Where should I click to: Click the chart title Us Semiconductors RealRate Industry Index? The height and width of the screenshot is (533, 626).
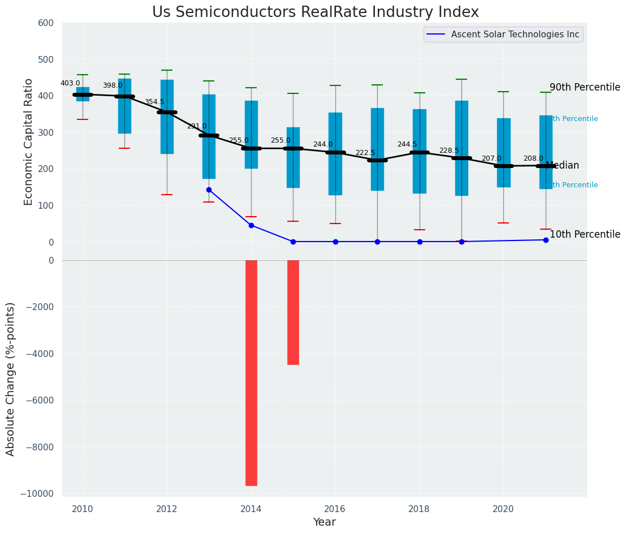tap(315, 12)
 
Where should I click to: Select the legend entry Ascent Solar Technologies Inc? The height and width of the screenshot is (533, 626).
tap(515, 35)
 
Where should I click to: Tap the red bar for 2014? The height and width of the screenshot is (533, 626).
tap(251, 372)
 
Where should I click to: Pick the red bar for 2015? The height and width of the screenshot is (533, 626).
tap(293, 312)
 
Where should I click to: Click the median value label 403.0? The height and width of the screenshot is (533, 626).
tap(70, 83)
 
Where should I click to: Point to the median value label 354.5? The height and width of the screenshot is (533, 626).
tap(154, 102)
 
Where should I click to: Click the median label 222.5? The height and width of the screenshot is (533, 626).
tap(365, 153)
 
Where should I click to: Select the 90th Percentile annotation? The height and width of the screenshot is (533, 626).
tap(585, 87)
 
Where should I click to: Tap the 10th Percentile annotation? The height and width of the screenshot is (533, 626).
tap(585, 234)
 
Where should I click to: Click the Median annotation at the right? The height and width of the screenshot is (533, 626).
tap(562, 165)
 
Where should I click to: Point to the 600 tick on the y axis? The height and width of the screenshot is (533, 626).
tap(46, 23)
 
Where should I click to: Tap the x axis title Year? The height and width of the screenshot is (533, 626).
tap(324, 522)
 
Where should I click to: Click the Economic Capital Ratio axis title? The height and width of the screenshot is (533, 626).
tap(29, 141)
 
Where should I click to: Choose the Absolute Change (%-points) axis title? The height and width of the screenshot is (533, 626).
tap(11, 379)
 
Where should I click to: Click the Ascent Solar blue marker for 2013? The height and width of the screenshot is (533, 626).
tap(209, 190)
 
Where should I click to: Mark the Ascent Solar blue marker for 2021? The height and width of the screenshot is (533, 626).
tap(546, 240)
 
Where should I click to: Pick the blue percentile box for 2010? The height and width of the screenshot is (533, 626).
tap(83, 94)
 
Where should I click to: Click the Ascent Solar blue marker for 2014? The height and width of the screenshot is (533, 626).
tap(251, 225)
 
